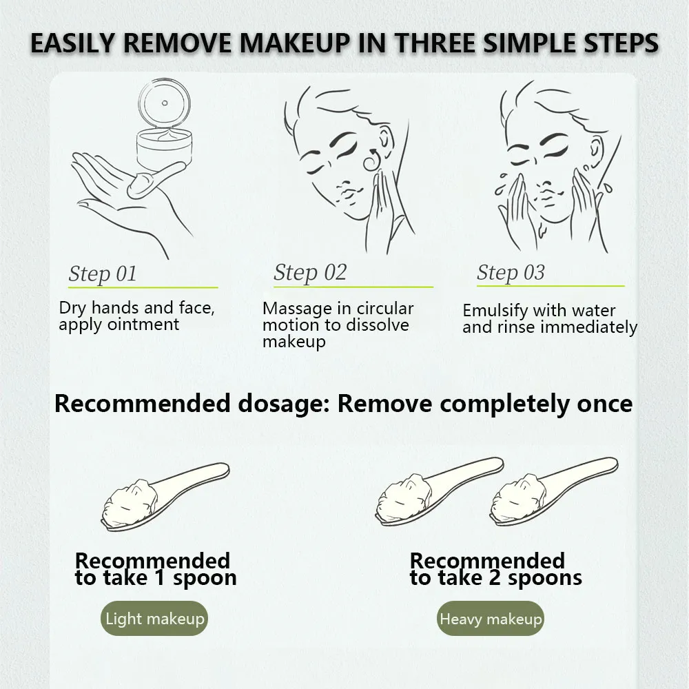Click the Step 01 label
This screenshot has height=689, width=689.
(x=103, y=274)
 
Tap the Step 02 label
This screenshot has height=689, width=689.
(x=310, y=272)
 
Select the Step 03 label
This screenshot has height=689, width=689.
(x=511, y=272)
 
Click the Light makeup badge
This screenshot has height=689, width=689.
(x=154, y=618)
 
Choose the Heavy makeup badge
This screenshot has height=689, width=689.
(x=491, y=618)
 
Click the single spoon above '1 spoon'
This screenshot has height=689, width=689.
(x=165, y=497)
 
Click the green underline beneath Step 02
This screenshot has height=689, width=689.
(x=353, y=287)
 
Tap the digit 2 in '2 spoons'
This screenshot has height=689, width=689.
(x=495, y=578)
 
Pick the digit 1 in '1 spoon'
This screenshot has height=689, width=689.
(x=160, y=578)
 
